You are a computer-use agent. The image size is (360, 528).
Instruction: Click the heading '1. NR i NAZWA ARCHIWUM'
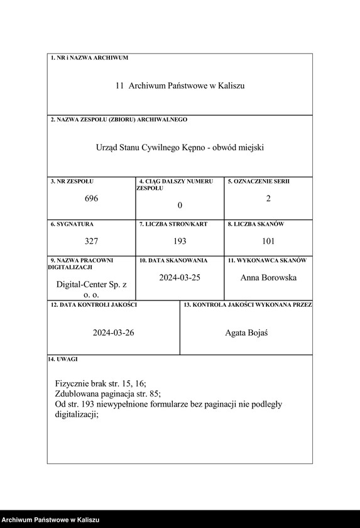[89, 58]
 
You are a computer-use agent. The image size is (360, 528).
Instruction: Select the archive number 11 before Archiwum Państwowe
[119, 85]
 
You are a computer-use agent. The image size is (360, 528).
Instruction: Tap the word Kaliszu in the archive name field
[231, 85]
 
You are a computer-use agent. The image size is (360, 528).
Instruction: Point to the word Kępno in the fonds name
[196, 148]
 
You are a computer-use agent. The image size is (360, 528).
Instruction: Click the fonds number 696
[92, 199]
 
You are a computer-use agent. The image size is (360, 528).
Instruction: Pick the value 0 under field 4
[180, 206]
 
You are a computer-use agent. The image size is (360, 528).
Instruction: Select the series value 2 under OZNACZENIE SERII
[268, 199]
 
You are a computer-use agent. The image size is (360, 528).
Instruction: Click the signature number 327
[92, 241]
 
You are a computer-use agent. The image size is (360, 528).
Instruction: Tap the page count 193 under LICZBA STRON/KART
[180, 241]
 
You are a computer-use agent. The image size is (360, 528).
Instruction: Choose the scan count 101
[268, 241]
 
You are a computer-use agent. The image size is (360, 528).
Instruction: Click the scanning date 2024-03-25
[180, 277]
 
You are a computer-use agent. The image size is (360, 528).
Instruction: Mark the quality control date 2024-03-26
[114, 333]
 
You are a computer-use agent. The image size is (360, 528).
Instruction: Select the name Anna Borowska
[268, 277]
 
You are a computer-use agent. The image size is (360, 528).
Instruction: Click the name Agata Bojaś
[246, 333]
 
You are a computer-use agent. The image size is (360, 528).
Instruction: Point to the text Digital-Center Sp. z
[92, 285]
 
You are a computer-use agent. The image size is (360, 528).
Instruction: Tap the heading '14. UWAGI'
[63, 360]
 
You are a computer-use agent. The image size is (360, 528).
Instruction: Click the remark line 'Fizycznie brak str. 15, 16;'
[101, 383]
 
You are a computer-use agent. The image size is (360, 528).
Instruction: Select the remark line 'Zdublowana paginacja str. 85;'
[108, 393]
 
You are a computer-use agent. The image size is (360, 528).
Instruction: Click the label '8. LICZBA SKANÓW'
[256, 224]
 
